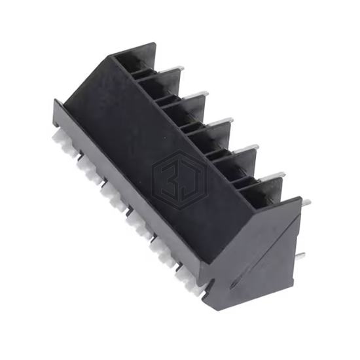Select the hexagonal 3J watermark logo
click(180, 181)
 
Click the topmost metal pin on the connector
click(172, 69)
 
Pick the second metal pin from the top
click(196, 96)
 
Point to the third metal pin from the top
click(221, 122)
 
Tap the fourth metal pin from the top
click(246, 149)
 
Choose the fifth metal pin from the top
click(272, 176)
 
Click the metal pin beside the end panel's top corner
click(306, 203)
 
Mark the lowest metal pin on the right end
click(300, 256)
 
